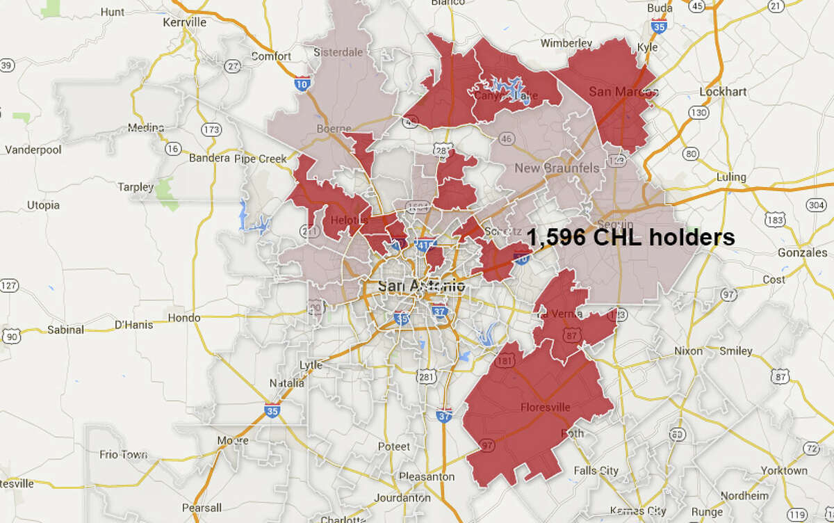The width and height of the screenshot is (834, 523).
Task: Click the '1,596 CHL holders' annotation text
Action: [x=630, y=238]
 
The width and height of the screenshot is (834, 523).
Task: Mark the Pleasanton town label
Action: [x=427, y=477]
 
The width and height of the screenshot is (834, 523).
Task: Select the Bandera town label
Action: [x=209, y=158]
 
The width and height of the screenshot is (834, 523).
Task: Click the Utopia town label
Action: [x=43, y=205]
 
